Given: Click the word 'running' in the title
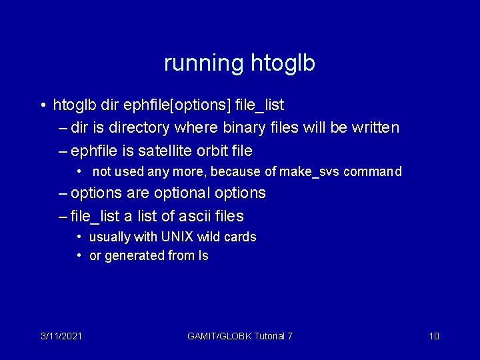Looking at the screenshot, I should pos(204,63).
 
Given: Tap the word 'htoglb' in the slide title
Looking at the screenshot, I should pos(283,63).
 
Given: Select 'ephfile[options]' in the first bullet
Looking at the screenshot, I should pos(170,105).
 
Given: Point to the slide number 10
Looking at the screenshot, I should pos(434,336).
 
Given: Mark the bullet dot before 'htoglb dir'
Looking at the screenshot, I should pos(41,105).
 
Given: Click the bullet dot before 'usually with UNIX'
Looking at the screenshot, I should pos(79,237).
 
